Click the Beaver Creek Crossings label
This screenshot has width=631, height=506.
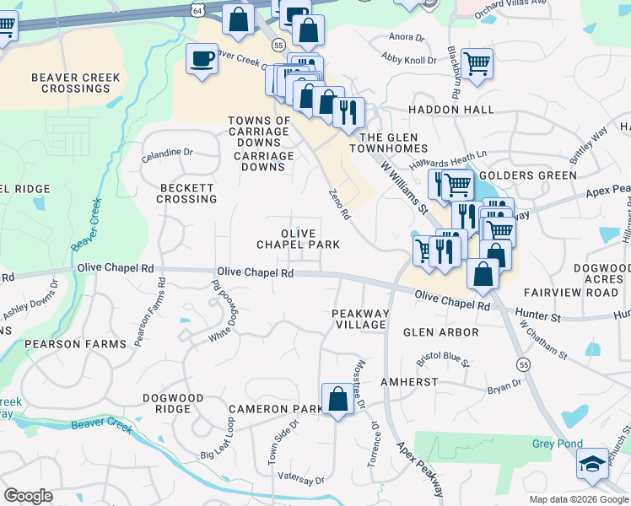76,83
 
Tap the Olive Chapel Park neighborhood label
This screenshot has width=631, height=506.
299,239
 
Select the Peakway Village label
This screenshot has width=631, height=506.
360,320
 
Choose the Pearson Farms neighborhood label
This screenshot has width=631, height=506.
75,344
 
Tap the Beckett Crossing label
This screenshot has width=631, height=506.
186,193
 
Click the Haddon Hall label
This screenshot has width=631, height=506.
451,110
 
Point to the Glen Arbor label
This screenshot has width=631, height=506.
440,332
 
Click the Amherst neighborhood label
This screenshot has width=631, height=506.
409,382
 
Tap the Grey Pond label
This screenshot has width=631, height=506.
557,444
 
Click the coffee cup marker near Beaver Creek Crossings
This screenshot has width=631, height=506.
202,59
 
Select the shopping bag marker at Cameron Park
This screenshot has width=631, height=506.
337,399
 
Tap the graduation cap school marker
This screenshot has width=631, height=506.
592,464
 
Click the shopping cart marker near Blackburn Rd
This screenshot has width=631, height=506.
477,62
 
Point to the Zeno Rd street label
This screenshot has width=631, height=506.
339,204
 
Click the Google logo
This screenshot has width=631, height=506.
28,496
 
